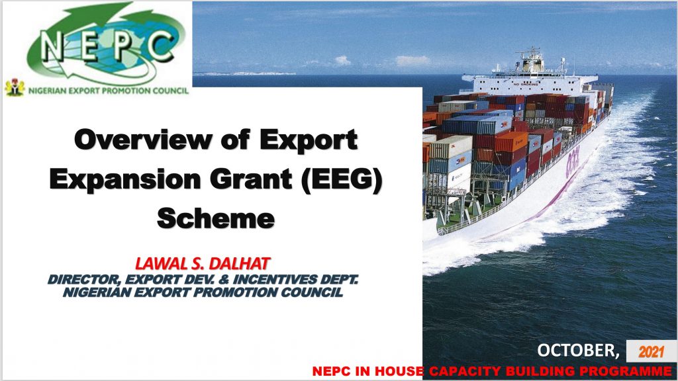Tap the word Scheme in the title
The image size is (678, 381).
pyautogui.click(x=216, y=218)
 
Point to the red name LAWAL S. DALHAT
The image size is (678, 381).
pyautogui.click(x=203, y=263)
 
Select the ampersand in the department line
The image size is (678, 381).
pyautogui.click(x=225, y=280)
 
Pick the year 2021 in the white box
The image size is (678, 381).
pyautogui.click(x=651, y=352)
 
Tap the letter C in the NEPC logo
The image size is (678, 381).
pyautogui.click(x=161, y=44)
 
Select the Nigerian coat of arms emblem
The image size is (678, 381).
pyautogui.click(x=15, y=87)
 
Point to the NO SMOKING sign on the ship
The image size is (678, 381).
pyautogui.click(x=526, y=84)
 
